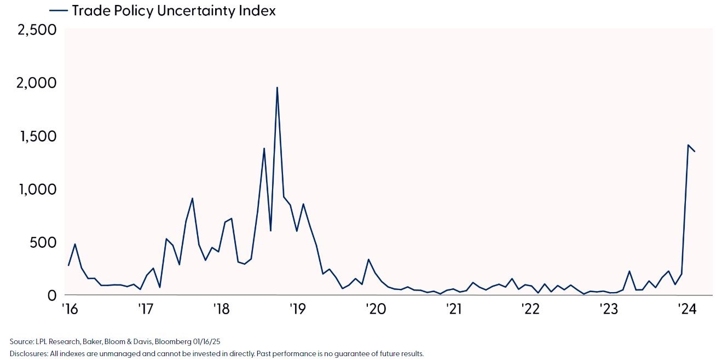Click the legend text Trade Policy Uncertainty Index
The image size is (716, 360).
(x=174, y=10)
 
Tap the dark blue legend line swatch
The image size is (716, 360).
(x=59, y=10)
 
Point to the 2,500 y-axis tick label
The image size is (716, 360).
(x=38, y=30)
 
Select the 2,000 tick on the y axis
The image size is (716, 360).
(x=38, y=83)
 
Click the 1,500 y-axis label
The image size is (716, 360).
(x=38, y=136)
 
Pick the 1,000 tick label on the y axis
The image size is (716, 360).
(x=38, y=189)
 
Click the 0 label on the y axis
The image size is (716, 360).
(x=52, y=295)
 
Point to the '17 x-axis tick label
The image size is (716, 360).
(x=145, y=309)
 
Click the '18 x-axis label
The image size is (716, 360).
(x=222, y=309)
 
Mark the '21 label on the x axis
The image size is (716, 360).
(x=454, y=309)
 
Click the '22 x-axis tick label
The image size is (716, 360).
(x=531, y=309)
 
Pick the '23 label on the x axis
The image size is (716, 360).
(x=609, y=309)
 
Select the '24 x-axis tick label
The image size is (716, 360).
(x=686, y=309)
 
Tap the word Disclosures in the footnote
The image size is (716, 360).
(x=27, y=353)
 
